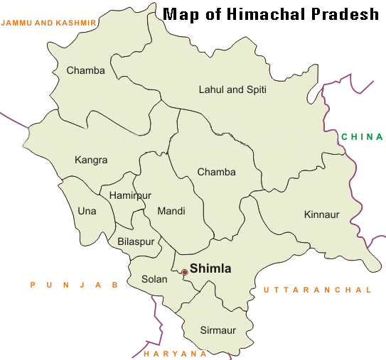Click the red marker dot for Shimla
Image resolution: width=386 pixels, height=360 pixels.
[x=185, y=272]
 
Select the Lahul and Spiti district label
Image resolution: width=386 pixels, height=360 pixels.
[x=231, y=89]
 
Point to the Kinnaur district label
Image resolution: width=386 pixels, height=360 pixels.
[x=322, y=214]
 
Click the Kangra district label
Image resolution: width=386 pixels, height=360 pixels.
[x=90, y=160]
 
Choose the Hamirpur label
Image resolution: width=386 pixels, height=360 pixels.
[x=131, y=195]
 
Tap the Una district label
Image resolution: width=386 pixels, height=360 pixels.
[x=87, y=211]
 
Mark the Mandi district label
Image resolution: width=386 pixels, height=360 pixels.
[x=171, y=211]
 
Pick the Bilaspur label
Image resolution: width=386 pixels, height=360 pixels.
[x=136, y=242]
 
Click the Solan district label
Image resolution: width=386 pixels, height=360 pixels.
[x=154, y=279]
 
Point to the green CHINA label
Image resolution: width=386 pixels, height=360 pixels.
[x=362, y=137]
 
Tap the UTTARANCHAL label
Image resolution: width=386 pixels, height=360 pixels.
[x=317, y=290]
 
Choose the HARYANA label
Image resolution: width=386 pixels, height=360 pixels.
[x=175, y=353]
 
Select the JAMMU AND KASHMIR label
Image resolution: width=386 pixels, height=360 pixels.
[x=48, y=23]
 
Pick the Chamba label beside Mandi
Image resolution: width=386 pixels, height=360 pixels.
[x=216, y=172]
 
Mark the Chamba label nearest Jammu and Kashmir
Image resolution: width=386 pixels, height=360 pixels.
[x=85, y=70]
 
